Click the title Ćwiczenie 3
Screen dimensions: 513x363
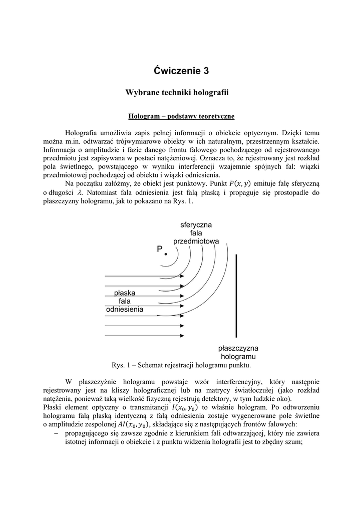[181, 71]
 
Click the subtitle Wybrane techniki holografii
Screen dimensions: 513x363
[181, 93]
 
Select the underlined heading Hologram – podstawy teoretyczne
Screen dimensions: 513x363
[181, 116]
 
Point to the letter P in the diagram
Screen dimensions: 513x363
[159, 249]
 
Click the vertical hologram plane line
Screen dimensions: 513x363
[236, 296]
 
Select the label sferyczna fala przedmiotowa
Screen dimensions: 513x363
[196, 233]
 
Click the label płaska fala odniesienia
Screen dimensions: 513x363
[125, 301]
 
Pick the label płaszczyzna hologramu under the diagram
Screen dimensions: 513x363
[238, 352]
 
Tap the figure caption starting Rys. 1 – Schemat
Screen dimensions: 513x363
[181, 364]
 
